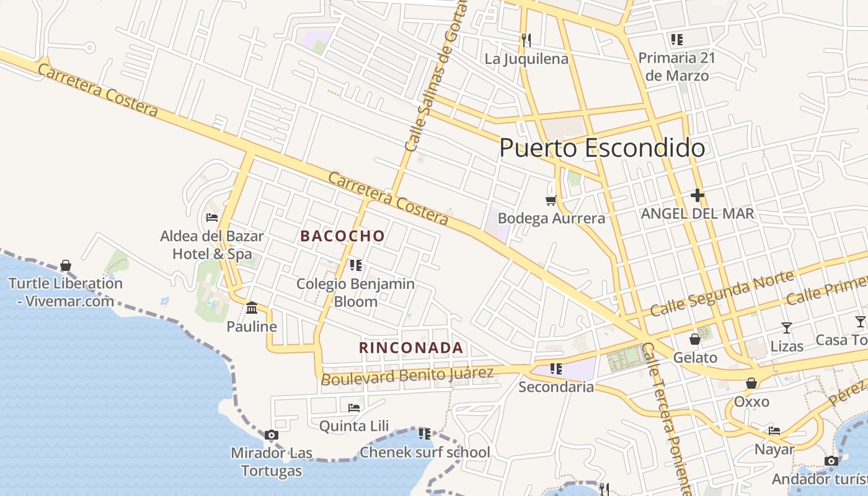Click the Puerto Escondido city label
click(601, 148)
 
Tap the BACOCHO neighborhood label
click(343, 236)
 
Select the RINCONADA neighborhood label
click(411, 348)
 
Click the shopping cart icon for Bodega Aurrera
click(551, 200)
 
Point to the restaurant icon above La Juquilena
click(526, 40)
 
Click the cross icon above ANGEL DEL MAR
click(697, 196)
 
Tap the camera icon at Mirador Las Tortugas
click(271, 435)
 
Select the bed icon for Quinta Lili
click(354, 408)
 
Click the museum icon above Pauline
click(252, 308)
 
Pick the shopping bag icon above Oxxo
click(751, 384)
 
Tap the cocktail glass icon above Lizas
click(787, 328)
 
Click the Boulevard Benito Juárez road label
click(407, 375)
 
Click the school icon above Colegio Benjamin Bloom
click(356, 265)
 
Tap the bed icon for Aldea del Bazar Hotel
click(212, 218)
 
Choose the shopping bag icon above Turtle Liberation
click(66, 266)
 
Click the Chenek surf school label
click(425, 452)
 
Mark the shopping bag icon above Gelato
click(695, 339)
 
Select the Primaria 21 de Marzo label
click(676, 66)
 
